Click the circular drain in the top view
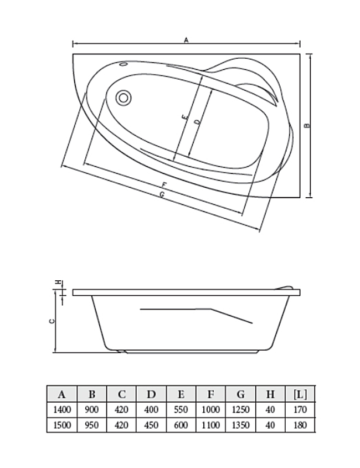pos(124,97)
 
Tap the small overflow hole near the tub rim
pos(124,64)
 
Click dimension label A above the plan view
pos(186,40)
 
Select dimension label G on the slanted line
pos(162,194)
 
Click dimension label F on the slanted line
pos(164,185)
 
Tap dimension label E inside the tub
pos(186,117)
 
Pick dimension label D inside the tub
pos(197,122)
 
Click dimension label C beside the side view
pos(52,321)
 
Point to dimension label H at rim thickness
pos(59,282)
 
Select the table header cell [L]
pos(300,394)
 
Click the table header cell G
pos(240,394)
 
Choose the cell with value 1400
pos(62,409)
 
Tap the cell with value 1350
pos(240,425)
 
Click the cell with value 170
pos(300,409)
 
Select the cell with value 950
pos(92,425)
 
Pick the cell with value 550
pos(181,409)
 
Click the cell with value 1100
pos(211,425)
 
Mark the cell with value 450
pos(151,425)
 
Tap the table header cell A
pos(62,394)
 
